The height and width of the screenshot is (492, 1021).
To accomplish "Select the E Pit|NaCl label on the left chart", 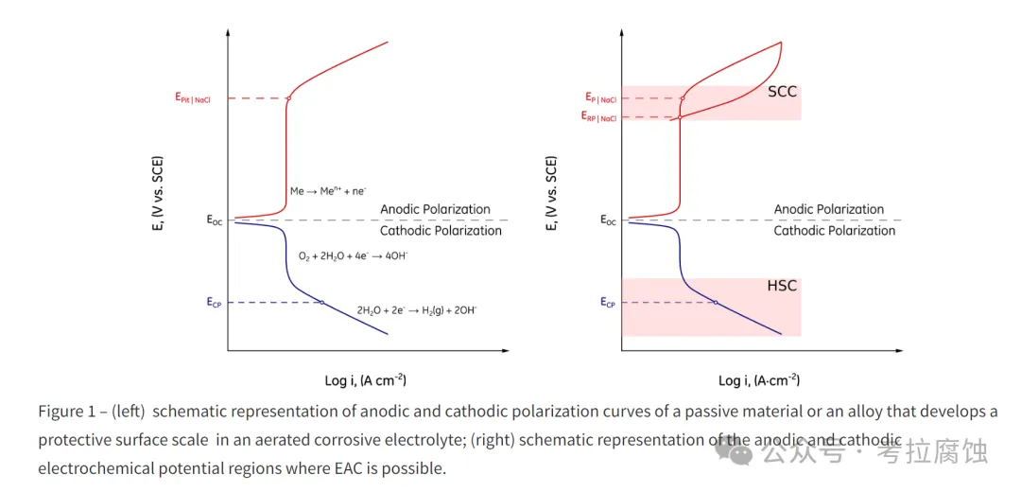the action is (192, 98).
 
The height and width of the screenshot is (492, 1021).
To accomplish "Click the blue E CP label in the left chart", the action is (215, 303).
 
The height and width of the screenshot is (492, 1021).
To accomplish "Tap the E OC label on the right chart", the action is (608, 220).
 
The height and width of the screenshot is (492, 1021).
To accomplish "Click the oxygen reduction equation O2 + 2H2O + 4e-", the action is (353, 256).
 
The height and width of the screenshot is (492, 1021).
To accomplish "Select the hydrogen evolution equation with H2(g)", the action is (417, 310).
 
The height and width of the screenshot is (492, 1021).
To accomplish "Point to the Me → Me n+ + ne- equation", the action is (327, 191).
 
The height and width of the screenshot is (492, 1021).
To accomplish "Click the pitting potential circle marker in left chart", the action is (287, 98).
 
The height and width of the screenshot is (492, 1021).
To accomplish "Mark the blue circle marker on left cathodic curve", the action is (321, 303).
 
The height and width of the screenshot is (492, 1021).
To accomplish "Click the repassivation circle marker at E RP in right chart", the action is (680, 117).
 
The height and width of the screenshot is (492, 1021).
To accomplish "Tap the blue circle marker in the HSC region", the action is (716, 303).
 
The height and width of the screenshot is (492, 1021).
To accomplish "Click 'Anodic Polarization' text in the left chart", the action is (435, 210).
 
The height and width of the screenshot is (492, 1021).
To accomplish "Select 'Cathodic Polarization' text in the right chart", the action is (834, 231).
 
